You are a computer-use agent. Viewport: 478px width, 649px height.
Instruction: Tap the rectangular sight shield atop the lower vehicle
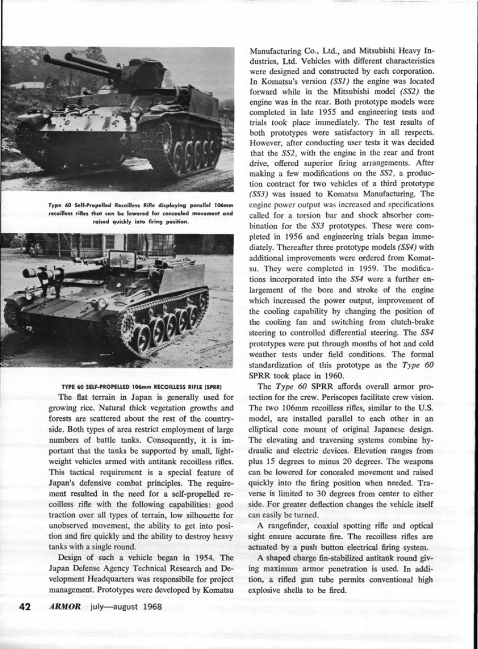click(x=122, y=260)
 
